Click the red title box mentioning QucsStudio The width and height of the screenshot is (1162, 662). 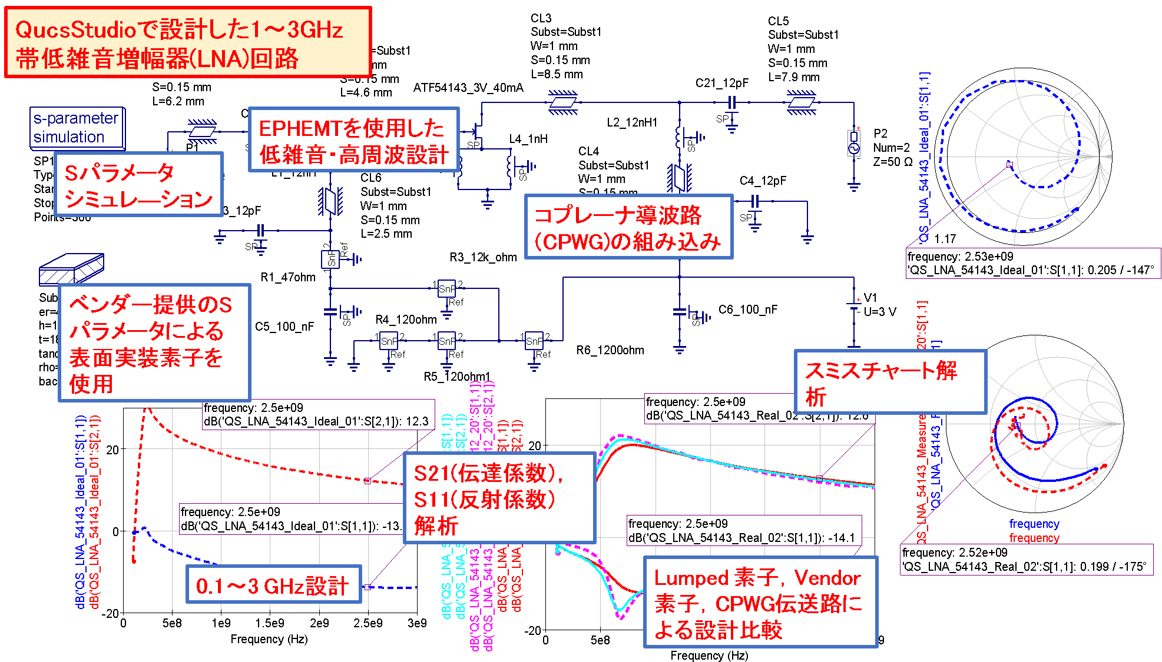pyautogui.click(x=188, y=42)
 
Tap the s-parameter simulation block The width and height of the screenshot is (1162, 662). pyautogui.click(x=77, y=128)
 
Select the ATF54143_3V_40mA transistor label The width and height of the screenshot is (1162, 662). pyautogui.click(x=468, y=88)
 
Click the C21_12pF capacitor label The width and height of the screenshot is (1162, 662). pyautogui.click(x=721, y=83)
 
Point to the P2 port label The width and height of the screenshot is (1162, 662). pyautogui.click(x=880, y=134)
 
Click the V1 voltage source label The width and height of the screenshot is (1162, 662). pyautogui.click(x=870, y=298)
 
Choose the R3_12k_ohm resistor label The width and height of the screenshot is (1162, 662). pyautogui.click(x=483, y=257)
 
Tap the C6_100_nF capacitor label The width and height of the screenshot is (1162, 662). pyautogui.click(x=747, y=310)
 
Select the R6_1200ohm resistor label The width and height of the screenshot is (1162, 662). pyautogui.click(x=610, y=350)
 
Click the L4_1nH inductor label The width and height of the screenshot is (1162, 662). pyautogui.click(x=528, y=139)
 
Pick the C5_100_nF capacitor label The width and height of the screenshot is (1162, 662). pyautogui.click(x=284, y=327)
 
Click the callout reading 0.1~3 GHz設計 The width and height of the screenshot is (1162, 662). pyautogui.click(x=273, y=584)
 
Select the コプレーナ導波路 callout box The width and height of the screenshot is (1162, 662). pyautogui.click(x=628, y=227)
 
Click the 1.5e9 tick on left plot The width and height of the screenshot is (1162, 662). pyautogui.click(x=270, y=623)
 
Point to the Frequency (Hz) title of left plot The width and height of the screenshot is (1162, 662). pyautogui.click(x=269, y=639)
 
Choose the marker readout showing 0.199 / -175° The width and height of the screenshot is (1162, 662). pyautogui.click(x=1025, y=560)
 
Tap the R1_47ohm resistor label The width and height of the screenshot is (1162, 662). pyautogui.click(x=288, y=277)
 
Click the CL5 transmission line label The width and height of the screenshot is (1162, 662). pyautogui.click(x=778, y=21)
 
